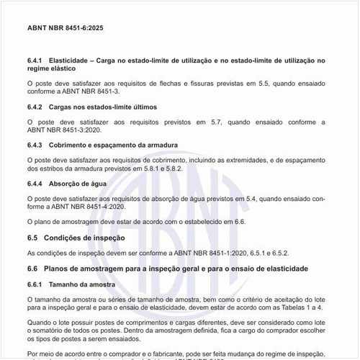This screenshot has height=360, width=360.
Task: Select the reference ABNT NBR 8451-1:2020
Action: click(217, 253)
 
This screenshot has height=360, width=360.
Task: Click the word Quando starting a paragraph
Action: click(40, 323)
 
